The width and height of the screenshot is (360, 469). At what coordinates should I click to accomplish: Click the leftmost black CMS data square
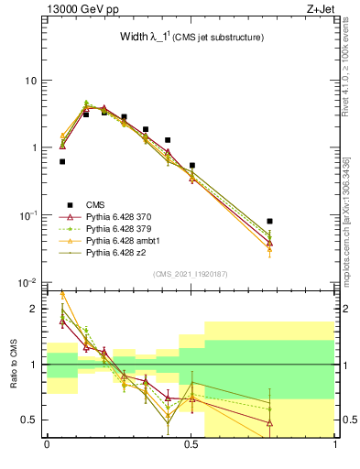(x=62, y=161)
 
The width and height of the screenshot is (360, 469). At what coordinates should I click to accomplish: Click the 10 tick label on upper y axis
(x=31, y=81)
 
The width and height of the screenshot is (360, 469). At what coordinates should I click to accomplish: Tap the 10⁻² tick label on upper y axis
(x=27, y=283)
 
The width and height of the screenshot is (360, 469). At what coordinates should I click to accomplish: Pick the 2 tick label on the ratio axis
(x=36, y=310)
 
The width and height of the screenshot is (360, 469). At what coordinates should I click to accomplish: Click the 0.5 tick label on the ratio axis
(x=32, y=420)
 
